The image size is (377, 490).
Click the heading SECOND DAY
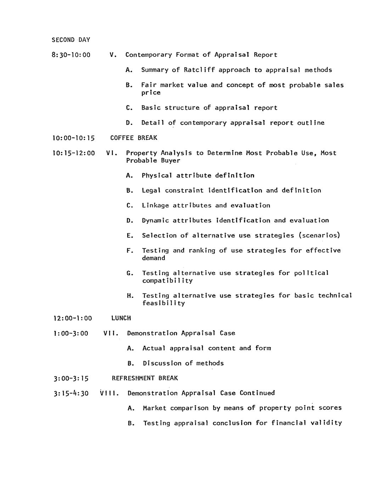[71, 40]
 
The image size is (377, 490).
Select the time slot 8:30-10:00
[71, 55]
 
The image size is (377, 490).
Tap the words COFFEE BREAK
[134, 138]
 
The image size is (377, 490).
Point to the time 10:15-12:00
[74, 153]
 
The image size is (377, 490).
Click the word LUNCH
[121, 318]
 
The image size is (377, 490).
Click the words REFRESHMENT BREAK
[145, 378]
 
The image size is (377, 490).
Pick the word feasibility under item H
[163, 303]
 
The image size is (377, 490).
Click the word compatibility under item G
[167, 281]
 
